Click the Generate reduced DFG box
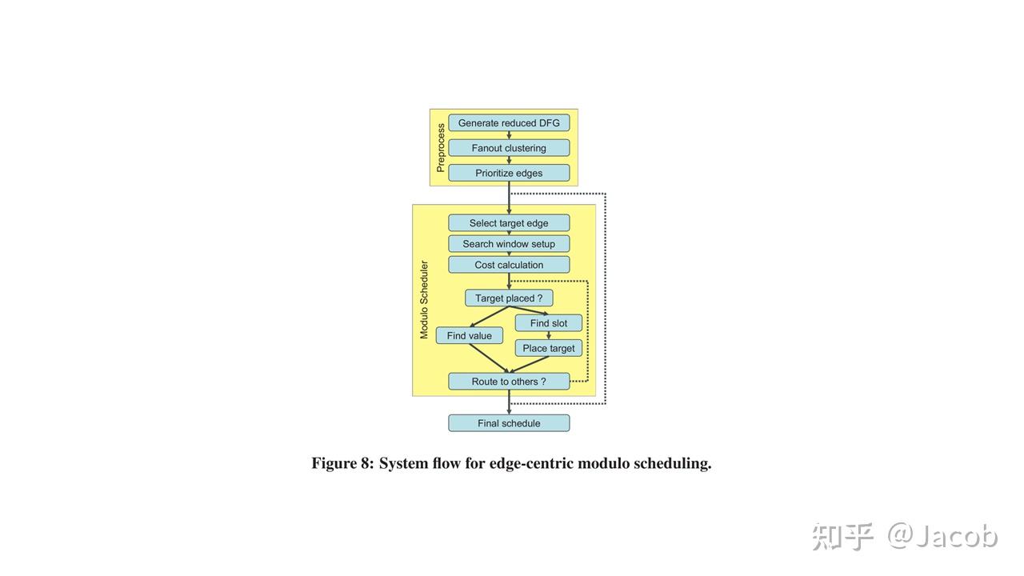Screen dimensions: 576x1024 (x=509, y=123)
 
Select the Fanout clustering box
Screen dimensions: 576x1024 (x=509, y=148)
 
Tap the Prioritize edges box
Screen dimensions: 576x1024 (x=509, y=173)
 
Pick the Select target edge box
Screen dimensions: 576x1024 (x=509, y=223)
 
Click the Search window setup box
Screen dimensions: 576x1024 (x=509, y=244)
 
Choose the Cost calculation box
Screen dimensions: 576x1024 (x=509, y=265)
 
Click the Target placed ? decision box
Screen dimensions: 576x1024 (x=509, y=298)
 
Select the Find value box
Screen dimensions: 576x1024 (x=469, y=336)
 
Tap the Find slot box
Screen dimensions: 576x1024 (x=548, y=323)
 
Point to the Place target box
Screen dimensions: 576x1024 (x=548, y=348)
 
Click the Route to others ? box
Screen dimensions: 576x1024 (x=509, y=382)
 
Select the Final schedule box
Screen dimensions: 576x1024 (x=509, y=423)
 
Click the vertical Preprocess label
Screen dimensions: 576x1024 (x=440, y=148)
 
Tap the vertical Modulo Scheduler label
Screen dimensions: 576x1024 (x=424, y=300)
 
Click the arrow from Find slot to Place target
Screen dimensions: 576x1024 (x=548, y=335)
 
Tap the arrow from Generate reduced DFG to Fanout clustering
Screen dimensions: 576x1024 (x=509, y=136)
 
